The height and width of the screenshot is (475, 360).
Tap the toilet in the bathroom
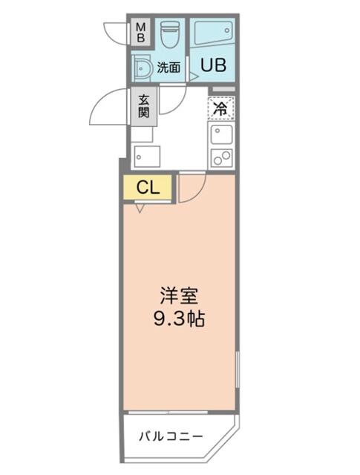(x=170, y=33)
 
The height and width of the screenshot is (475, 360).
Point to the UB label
(x=211, y=64)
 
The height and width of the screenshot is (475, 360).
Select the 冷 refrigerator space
(x=220, y=108)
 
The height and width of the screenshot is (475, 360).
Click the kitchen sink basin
(x=221, y=134)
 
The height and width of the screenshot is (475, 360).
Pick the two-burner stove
(x=221, y=157)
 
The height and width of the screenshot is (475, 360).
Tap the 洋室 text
(x=180, y=294)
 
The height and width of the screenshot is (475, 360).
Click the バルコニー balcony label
(x=171, y=436)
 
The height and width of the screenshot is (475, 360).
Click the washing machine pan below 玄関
(x=147, y=157)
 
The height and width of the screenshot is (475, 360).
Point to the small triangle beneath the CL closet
(x=140, y=209)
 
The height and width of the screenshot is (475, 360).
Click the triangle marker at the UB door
(x=193, y=75)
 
